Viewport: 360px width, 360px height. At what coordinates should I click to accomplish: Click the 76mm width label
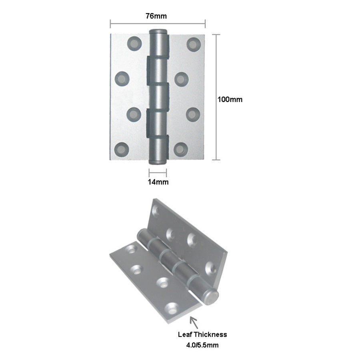(x=156, y=16)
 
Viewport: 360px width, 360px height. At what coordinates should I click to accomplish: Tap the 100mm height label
(x=230, y=100)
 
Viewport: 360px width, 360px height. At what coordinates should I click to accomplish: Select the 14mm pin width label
(x=158, y=182)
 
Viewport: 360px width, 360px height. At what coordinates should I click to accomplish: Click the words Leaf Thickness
(x=202, y=334)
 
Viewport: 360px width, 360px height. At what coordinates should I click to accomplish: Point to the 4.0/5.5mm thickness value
(x=202, y=345)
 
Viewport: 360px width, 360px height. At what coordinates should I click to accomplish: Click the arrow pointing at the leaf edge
(x=194, y=322)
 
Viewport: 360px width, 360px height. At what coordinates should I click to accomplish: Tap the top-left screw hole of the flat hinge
(x=134, y=43)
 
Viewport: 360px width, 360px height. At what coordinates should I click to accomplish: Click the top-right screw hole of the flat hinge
(x=194, y=44)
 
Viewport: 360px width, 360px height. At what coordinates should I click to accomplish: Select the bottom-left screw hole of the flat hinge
(x=122, y=150)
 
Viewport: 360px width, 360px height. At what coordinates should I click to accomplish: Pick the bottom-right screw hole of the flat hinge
(x=181, y=150)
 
